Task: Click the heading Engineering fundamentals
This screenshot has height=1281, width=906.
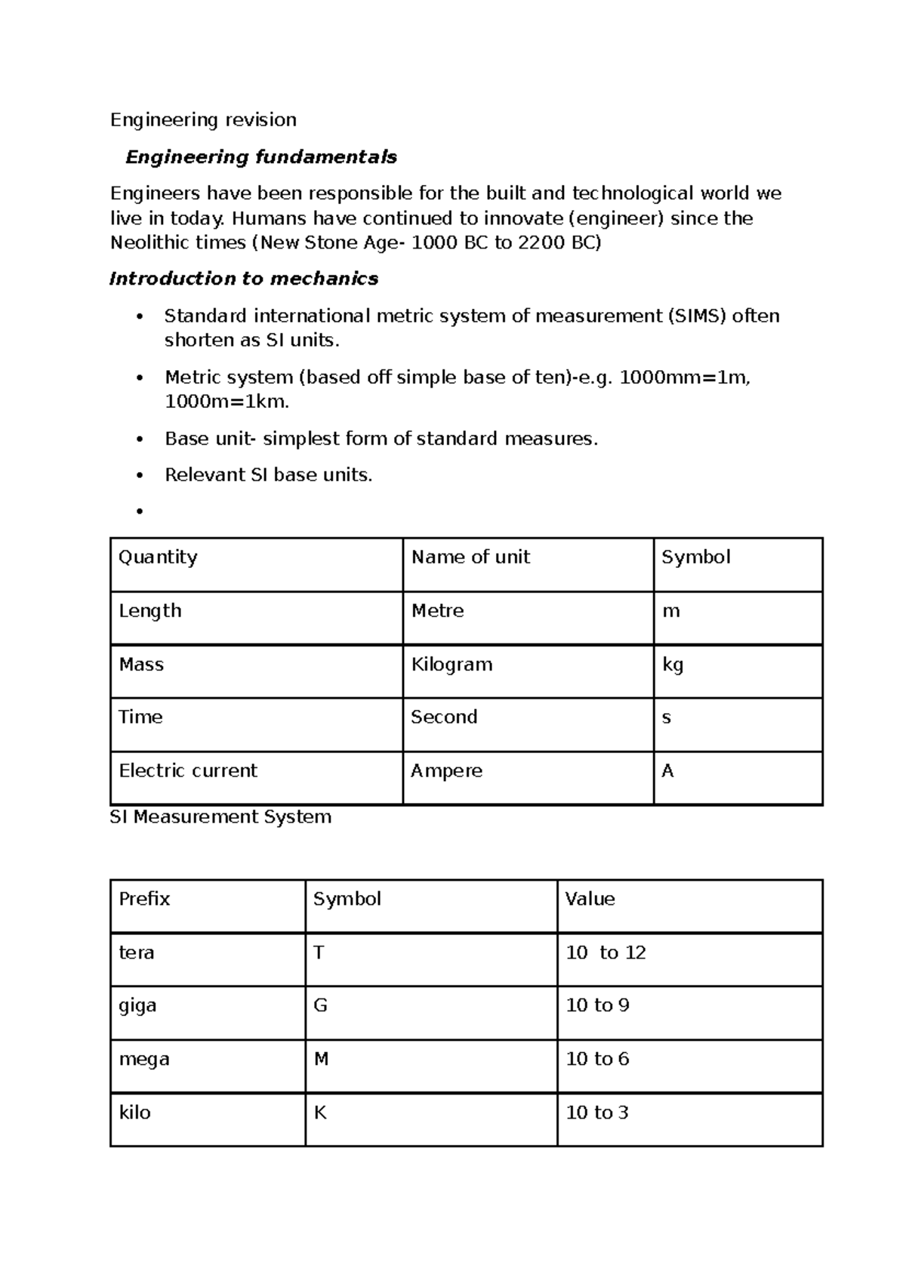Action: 260,157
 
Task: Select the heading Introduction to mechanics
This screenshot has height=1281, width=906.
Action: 243,279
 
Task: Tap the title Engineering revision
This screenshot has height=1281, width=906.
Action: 203,120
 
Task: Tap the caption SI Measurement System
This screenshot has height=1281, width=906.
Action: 220,817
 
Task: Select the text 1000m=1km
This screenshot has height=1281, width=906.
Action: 226,402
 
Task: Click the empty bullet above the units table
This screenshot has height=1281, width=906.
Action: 139,512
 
